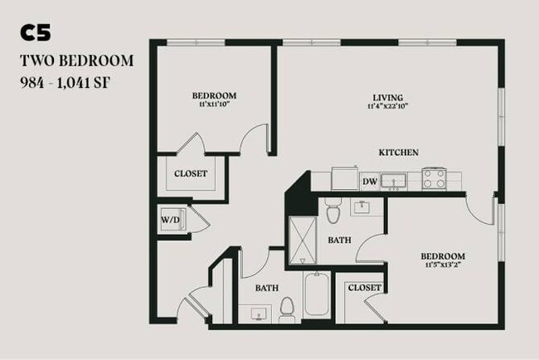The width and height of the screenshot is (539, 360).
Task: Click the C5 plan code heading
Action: (x=36, y=32)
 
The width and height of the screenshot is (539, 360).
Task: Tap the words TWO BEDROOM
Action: (x=75, y=61)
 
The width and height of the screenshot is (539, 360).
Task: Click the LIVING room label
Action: (x=386, y=95)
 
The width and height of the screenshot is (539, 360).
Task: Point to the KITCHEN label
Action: (x=398, y=153)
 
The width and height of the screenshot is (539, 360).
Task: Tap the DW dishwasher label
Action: (x=370, y=181)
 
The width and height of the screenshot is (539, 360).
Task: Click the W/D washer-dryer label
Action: (x=171, y=220)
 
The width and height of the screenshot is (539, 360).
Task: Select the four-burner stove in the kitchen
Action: (x=435, y=178)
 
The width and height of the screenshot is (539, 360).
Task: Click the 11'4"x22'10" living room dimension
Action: (x=386, y=106)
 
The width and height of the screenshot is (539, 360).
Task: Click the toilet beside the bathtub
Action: (x=287, y=309)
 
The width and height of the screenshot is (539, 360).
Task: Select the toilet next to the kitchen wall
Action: (x=333, y=212)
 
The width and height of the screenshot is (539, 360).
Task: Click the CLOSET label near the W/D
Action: (x=191, y=173)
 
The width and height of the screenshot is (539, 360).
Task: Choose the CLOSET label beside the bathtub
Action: (x=364, y=288)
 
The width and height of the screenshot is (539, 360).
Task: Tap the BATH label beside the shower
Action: (x=339, y=241)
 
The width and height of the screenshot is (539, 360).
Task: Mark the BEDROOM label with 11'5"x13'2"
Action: (x=442, y=256)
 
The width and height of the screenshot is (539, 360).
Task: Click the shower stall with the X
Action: (x=303, y=240)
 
